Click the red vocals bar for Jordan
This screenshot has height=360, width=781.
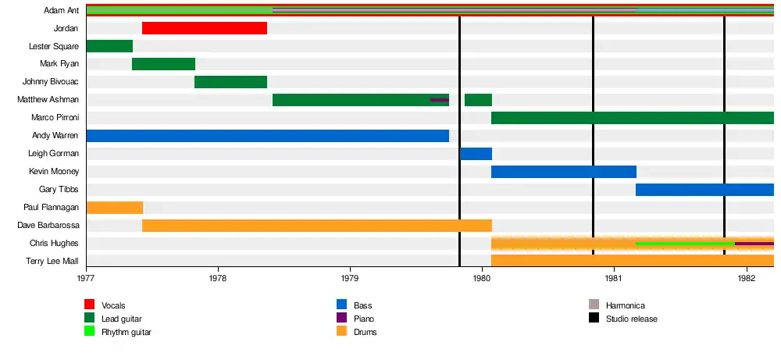point(205,29)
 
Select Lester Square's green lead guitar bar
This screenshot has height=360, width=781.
point(109,46)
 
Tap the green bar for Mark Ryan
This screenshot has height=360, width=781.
point(163,64)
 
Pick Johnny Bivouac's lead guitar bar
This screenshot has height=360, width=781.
point(230,82)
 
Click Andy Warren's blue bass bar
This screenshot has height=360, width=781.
point(267,136)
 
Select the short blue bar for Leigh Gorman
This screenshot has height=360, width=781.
point(476,154)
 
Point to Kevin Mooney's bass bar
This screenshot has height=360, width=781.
point(563,172)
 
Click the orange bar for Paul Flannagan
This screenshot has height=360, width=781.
point(114,208)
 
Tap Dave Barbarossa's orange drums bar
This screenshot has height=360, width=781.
point(316,226)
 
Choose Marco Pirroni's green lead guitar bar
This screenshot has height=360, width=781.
point(632,118)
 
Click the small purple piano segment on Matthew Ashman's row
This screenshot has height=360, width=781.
point(440,100)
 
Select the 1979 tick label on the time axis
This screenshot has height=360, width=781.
point(350,277)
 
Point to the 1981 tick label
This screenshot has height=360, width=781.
point(614,277)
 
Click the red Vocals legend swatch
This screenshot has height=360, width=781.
point(90,305)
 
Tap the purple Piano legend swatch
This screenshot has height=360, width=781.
point(341,319)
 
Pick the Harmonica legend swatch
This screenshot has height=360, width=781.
point(594,305)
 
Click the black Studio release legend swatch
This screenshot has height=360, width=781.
point(594,319)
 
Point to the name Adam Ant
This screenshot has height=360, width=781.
point(61,11)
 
